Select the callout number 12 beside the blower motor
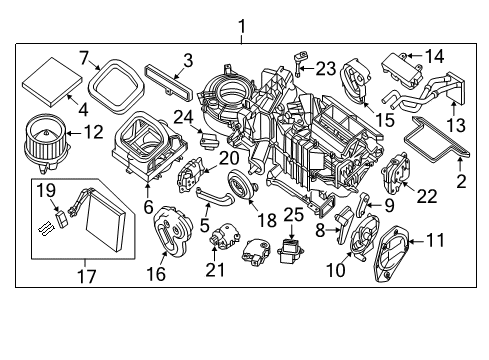92,130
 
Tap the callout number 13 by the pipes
455,126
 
